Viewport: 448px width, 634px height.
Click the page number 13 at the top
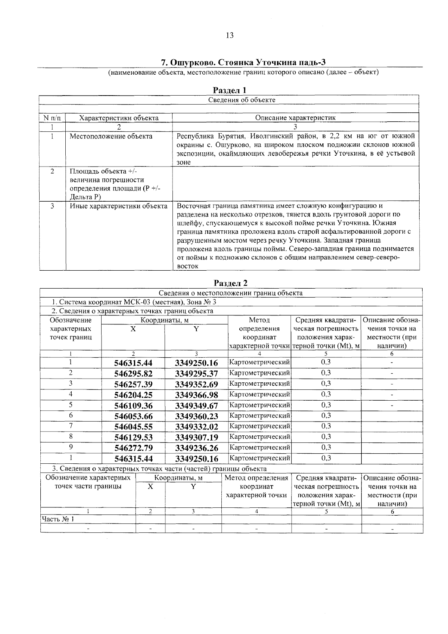(230, 35)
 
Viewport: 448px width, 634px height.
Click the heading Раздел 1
(229, 90)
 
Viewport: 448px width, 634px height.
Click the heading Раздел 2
(230, 283)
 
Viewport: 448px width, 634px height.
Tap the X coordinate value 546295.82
(133, 374)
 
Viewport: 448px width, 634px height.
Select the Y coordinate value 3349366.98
(196, 395)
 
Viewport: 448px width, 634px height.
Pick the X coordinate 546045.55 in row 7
(133, 427)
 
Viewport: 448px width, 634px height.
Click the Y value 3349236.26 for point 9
(196, 448)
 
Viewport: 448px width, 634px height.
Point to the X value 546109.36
(133, 405)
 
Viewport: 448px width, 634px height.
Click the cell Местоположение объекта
(111, 136)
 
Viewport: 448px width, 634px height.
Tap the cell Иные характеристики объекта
(118, 206)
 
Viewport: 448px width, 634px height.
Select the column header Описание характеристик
(295, 118)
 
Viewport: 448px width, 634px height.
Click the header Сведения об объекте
(241, 100)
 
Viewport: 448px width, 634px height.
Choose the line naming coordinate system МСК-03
(134, 302)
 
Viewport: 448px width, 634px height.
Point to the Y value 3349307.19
(196, 437)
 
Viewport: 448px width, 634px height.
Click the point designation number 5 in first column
(70, 405)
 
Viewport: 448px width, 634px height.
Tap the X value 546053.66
(133, 416)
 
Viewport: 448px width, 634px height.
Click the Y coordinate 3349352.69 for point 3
(196, 384)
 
